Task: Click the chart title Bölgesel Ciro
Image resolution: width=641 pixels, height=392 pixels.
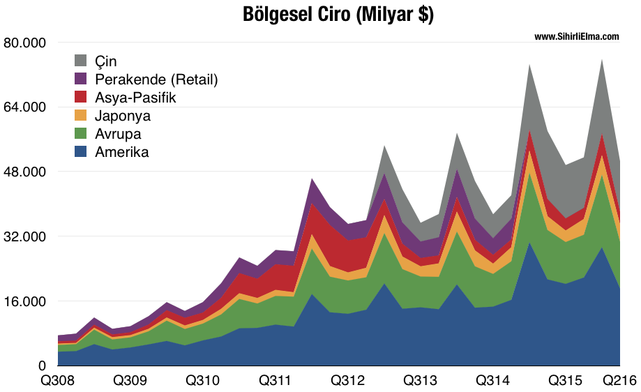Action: (x=338, y=15)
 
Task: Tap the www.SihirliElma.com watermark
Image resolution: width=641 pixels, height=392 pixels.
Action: (x=577, y=37)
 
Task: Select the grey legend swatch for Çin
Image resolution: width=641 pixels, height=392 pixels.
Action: (x=81, y=61)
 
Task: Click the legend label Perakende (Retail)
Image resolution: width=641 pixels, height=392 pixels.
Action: (x=156, y=80)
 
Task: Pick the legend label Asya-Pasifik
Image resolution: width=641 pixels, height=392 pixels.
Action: (x=135, y=98)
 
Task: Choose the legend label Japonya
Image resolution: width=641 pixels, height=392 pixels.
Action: (x=123, y=116)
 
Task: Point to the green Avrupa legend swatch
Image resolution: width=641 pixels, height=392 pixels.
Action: (x=81, y=134)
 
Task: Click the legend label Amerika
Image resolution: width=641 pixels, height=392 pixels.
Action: (x=122, y=152)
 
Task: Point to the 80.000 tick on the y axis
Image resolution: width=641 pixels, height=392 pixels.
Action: (x=24, y=43)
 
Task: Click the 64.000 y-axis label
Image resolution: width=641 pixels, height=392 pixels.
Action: (x=24, y=107)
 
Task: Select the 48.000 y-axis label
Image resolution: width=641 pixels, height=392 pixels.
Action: (x=24, y=172)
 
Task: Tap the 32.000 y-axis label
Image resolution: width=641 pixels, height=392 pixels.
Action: (x=24, y=236)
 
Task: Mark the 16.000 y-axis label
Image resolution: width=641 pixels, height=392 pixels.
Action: (x=24, y=301)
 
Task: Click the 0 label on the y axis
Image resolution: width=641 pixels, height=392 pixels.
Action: (x=42, y=365)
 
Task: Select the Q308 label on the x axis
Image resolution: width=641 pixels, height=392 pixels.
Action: (x=58, y=381)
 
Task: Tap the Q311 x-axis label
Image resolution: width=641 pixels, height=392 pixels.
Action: (x=275, y=381)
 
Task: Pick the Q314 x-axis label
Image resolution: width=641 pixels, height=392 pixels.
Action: (x=491, y=381)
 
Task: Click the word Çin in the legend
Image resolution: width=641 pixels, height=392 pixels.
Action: (x=106, y=61)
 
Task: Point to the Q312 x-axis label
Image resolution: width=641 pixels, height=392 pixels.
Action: (x=347, y=381)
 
